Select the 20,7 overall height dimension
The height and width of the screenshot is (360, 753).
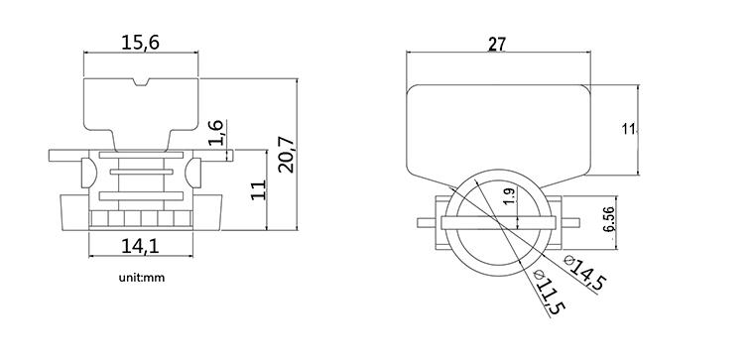point(286,153)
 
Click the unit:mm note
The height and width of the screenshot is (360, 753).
point(140,277)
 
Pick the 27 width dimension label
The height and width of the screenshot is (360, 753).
point(499,43)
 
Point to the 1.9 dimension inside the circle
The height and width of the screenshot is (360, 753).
point(510,197)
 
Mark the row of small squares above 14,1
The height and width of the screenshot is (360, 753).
point(141,218)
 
